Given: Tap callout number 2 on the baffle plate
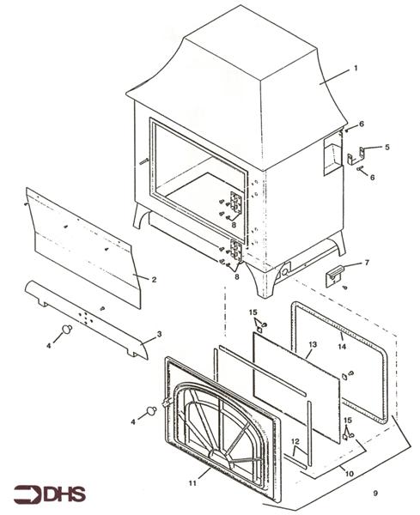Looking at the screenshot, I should click(154, 279).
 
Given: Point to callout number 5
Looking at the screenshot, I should click(387, 148).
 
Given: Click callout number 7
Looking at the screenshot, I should click(367, 263).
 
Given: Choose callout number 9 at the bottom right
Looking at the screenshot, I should click(374, 493).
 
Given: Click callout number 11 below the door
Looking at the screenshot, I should click(204, 471).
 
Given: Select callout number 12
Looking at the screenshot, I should click(295, 443).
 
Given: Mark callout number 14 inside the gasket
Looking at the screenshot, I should click(342, 348).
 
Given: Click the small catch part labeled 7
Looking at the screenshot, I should click(336, 276).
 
